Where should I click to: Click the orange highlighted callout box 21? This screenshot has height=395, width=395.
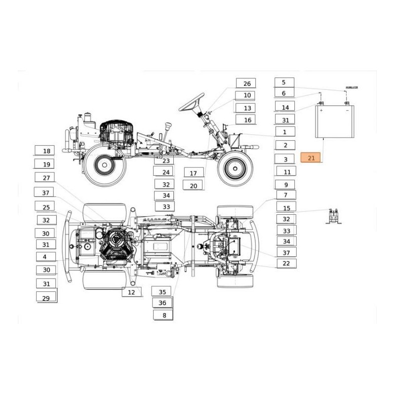pyautogui.click(x=311, y=158)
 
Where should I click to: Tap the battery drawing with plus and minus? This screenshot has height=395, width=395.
pyautogui.click(x=334, y=121)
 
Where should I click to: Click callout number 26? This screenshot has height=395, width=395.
pyautogui.click(x=247, y=83)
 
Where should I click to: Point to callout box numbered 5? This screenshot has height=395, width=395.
pyautogui.click(x=284, y=83)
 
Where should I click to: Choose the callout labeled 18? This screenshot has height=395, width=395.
pyautogui.click(x=46, y=151)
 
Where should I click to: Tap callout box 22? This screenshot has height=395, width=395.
pyautogui.click(x=286, y=264)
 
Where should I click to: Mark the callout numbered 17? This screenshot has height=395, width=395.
pyautogui.click(x=194, y=173)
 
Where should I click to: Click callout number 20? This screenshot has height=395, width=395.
pyautogui.click(x=194, y=186)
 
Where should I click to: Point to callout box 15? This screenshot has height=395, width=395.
pyautogui.click(x=287, y=208)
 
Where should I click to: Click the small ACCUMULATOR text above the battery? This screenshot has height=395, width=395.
pyautogui.click(x=352, y=87)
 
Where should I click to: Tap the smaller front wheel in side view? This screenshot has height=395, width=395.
pyautogui.click(x=236, y=168)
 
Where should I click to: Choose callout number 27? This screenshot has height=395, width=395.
pyautogui.click(x=46, y=178)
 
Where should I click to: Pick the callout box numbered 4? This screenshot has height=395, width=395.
pyautogui.click(x=45, y=257)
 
